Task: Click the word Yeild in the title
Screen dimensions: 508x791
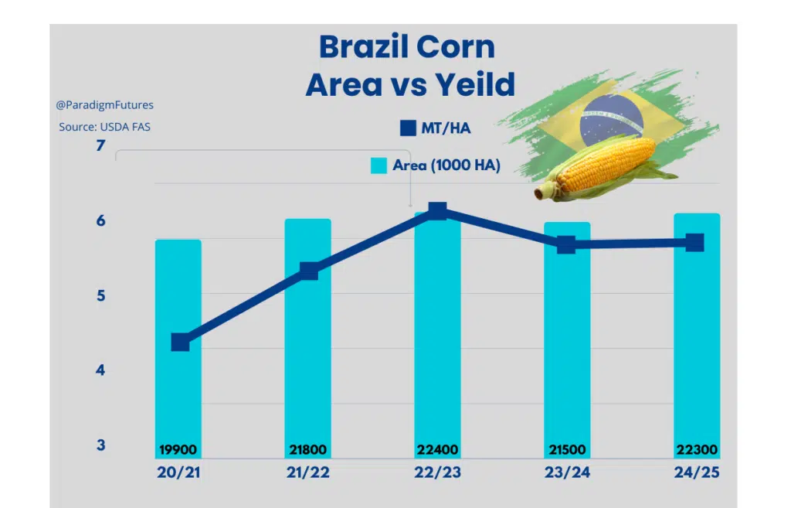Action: [x=473, y=84]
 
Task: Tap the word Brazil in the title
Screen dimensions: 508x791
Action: [x=362, y=47]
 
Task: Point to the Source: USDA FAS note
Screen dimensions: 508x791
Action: [x=104, y=127]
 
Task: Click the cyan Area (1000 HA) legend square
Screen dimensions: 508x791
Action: [x=379, y=165]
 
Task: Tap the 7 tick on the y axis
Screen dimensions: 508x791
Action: [x=100, y=145]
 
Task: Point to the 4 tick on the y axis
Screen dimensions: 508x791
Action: [x=100, y=370]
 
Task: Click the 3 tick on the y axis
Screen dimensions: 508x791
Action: [x=100, y=445]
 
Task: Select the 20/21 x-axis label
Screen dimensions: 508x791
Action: [x=178, y=472]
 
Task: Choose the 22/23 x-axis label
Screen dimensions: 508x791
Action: [x=437, y=472]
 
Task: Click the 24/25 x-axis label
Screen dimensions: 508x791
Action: [x=696, y=472]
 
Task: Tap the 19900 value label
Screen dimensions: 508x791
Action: [x=178, y=450]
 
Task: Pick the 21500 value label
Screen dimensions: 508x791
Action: [x=566, y=450]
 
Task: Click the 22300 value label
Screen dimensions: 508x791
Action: [x=696, y=450]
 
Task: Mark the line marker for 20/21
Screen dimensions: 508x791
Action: [x=180, y=342]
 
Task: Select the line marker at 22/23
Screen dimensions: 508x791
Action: [x=437, y=211]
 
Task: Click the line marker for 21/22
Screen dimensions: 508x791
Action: [x=309, y=271]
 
